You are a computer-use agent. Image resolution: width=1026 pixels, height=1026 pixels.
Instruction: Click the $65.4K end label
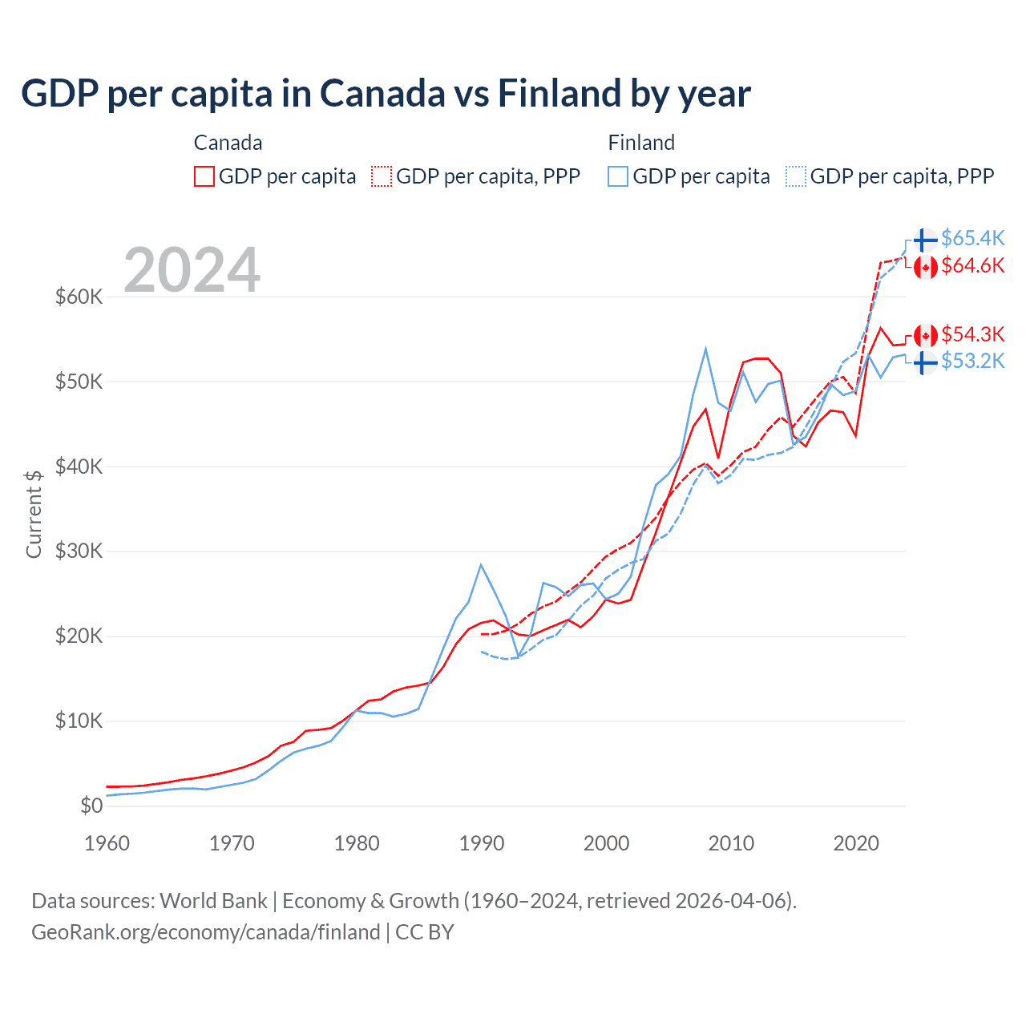coord(972,238)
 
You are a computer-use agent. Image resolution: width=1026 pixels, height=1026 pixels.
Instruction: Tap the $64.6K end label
coord(972,265)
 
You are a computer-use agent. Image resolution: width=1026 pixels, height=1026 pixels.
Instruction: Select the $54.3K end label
coord(972,333)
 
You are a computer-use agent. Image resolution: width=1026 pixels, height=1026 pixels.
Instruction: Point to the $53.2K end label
coord(972,361)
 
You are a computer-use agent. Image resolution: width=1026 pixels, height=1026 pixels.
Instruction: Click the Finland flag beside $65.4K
coord(925,240)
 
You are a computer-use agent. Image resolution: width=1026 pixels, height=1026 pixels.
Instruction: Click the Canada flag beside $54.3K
coord(925,335)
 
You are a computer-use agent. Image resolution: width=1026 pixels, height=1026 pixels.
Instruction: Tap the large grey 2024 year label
coord(192,270)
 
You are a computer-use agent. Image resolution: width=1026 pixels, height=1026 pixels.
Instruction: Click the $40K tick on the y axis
coord(79,467)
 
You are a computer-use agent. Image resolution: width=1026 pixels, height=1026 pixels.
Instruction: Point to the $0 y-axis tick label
coord(91,806)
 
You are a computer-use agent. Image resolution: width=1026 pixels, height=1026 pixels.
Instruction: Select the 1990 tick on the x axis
coord(482,843)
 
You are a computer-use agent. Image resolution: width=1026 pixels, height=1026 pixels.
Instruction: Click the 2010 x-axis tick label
coord(731,843)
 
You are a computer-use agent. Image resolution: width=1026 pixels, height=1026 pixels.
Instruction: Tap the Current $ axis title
coord(34,514)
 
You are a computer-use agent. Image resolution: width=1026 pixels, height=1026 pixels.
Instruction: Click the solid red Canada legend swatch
coord(204,176)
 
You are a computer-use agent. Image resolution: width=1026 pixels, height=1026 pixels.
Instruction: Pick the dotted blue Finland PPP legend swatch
coord(796,176)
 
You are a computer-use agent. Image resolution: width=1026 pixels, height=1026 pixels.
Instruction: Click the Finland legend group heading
coord(641,143)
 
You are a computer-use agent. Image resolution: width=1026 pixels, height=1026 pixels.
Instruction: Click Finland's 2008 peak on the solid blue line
coord(705,349)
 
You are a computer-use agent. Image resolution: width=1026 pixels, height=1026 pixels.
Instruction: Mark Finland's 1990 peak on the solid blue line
coord(481,565)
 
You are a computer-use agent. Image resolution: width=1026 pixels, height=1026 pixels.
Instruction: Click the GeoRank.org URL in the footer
coord(206,932)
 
